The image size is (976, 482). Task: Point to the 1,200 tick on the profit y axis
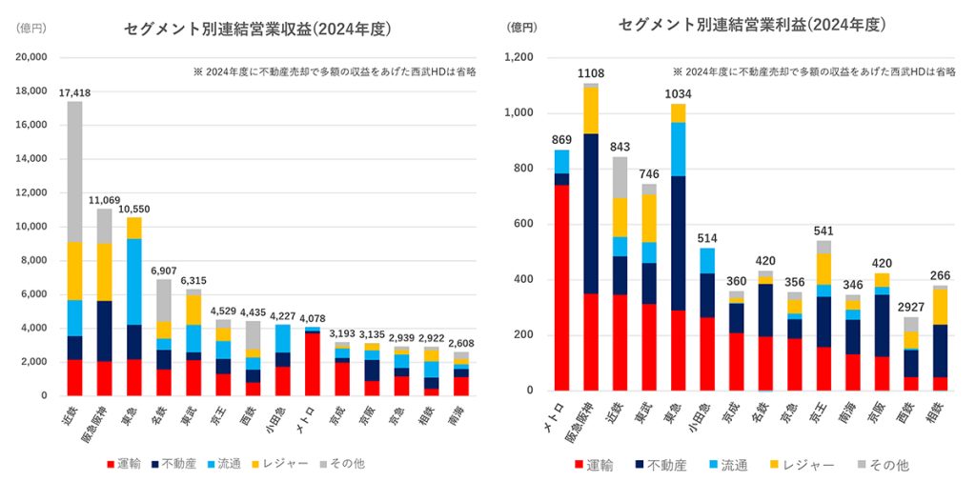point(518,57)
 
